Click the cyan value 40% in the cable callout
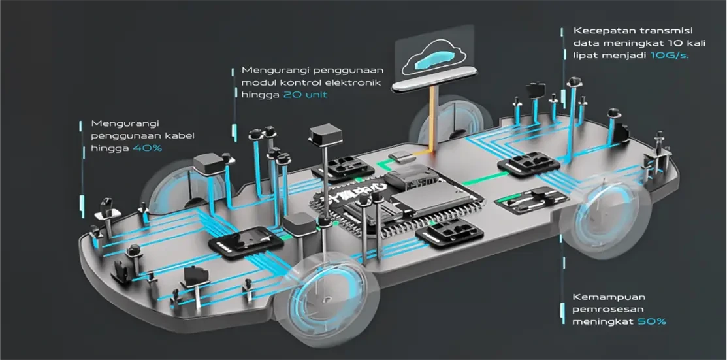click(x=148, y=148)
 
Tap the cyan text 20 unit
click(x=306, y=95)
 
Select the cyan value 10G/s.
click(x=670, y=56)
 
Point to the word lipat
click(x=585, y=56)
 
